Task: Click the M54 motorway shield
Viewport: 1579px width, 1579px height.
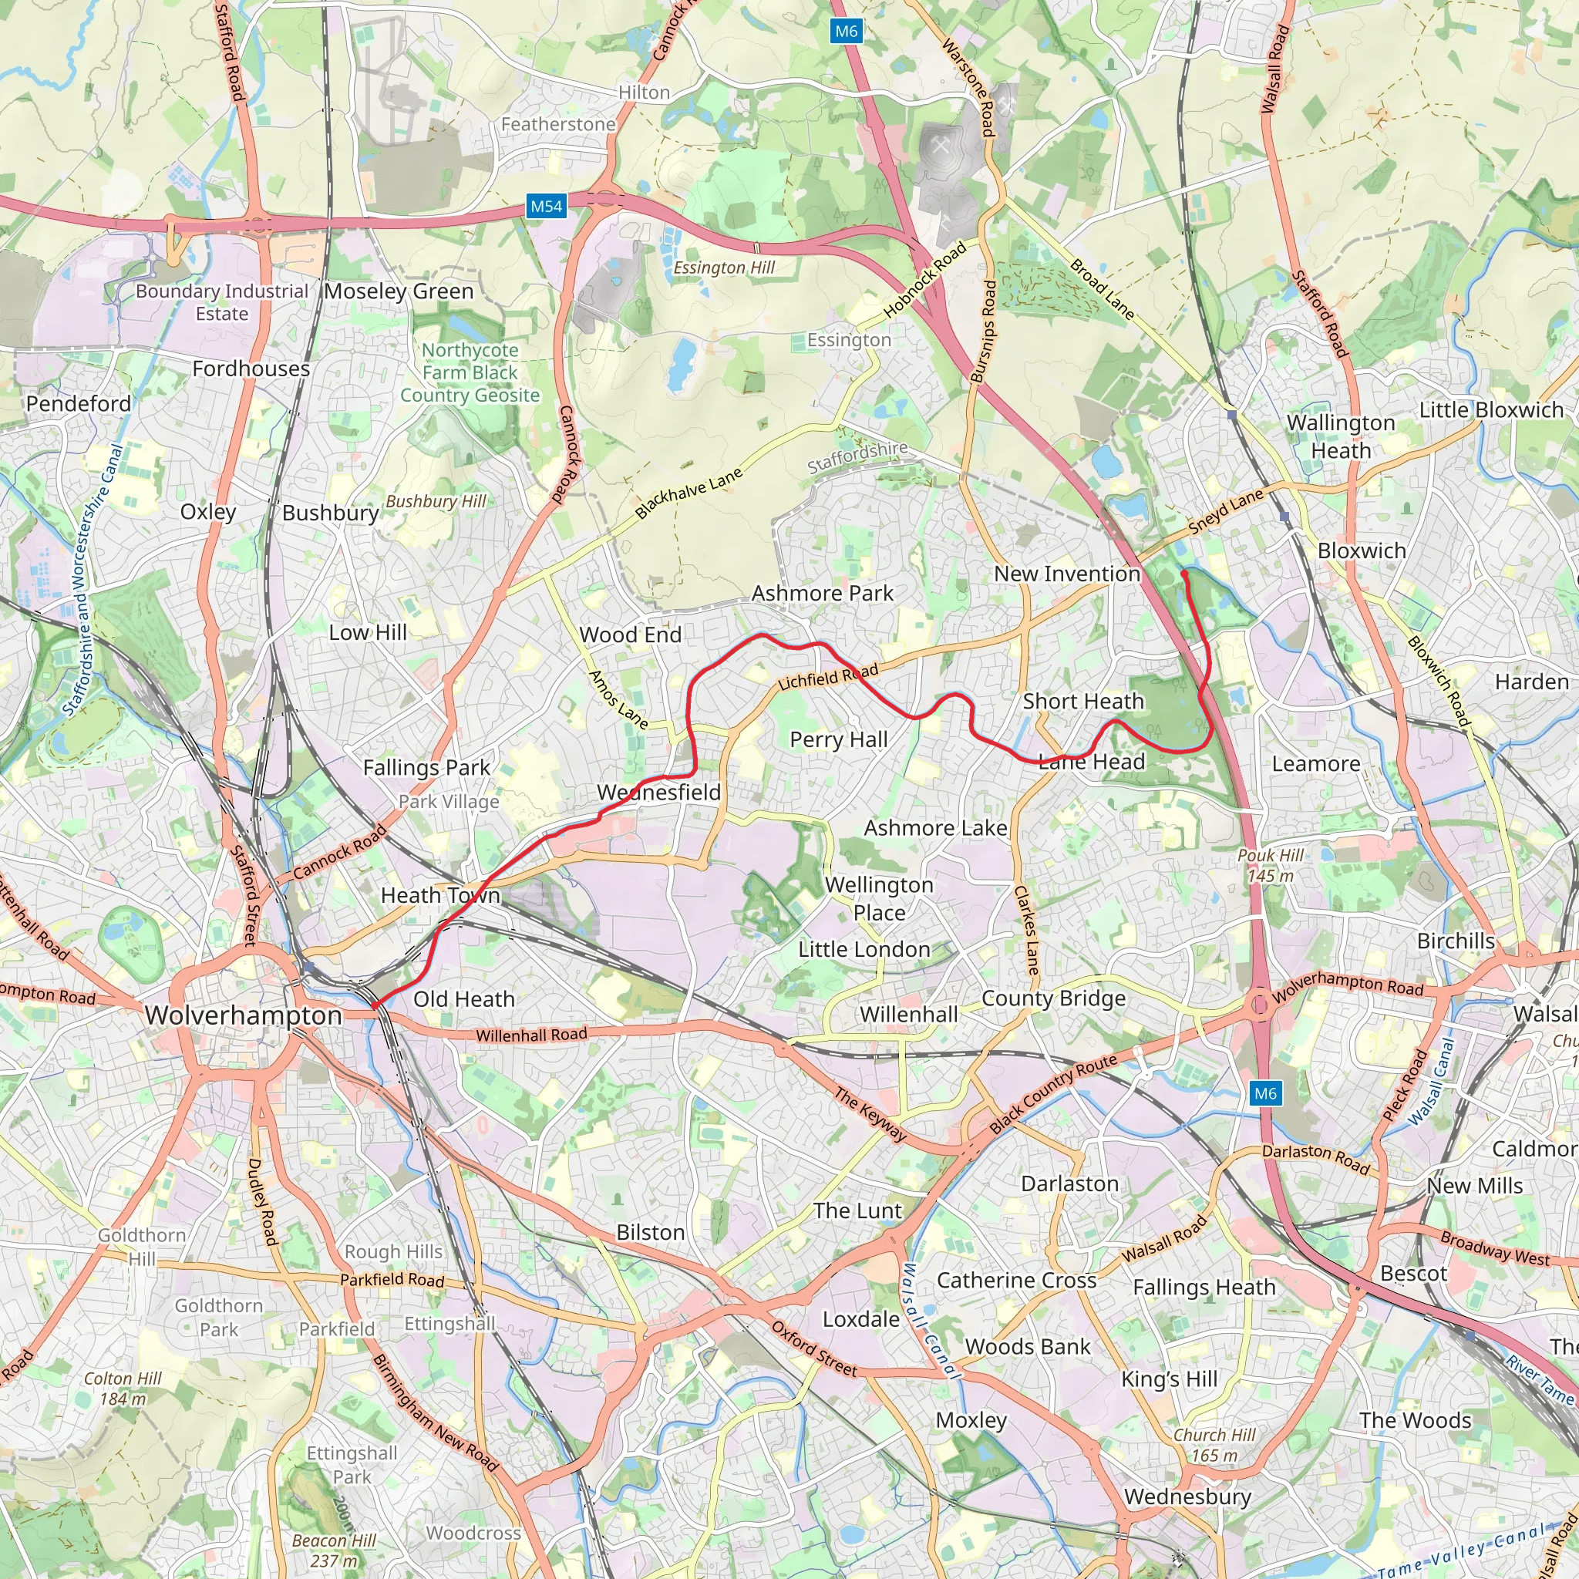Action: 546,206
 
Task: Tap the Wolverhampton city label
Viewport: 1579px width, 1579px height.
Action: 244,1015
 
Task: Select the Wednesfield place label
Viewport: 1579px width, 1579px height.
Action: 658,792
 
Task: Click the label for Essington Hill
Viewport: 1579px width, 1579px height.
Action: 723,268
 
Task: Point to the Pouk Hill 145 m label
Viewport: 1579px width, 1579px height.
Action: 1270,866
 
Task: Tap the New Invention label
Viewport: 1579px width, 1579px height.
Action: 1066,574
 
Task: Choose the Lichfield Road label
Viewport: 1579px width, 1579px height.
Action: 827,677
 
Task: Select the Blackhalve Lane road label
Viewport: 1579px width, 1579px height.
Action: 688,493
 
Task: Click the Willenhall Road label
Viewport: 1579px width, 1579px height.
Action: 531,1035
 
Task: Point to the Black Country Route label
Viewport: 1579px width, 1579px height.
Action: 1052,1094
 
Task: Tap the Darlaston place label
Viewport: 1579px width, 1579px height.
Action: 1069,1183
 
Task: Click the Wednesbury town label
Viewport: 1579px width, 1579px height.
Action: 1187,1497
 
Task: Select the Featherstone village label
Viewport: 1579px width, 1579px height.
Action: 558,124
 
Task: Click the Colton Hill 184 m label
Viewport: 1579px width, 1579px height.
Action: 123,1389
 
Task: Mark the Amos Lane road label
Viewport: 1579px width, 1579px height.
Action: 618,699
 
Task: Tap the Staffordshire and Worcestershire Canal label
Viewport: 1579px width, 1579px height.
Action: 93,580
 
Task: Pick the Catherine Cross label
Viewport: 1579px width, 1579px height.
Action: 1016,1280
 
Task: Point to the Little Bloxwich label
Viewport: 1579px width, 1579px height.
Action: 1491,409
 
